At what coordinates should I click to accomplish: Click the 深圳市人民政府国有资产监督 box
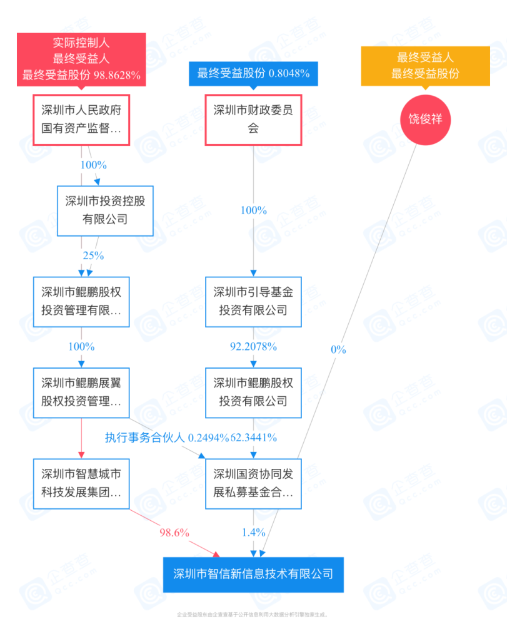click(81, 120)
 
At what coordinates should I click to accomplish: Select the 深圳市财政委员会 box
click(253, 120)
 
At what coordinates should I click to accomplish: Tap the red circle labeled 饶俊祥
click(425, 118)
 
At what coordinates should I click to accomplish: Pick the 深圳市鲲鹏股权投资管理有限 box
click(81, 301)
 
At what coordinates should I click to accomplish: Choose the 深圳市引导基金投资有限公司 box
click(253, 301)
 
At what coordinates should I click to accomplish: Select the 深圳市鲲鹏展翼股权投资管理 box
click(81, 392)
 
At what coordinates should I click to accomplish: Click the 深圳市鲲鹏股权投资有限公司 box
click(253, 392)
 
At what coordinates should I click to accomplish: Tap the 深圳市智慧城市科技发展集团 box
click(81, 483)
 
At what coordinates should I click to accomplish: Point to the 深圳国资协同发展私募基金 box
click(253, 483)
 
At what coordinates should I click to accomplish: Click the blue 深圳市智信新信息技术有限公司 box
click(253, 574)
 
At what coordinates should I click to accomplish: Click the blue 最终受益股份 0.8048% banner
click(253, 73)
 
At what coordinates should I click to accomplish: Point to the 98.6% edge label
click(174, 533)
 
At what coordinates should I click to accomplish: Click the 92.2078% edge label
click(253, 346)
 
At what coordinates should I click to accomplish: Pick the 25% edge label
click(93, 255)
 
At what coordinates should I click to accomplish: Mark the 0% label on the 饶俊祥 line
click(338, 349)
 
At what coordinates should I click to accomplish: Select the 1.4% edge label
click(253, 533)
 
